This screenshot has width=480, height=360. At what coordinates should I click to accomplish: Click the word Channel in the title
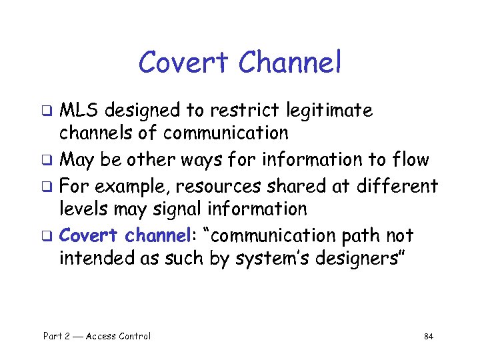pyautogui.click(x=289, y=63)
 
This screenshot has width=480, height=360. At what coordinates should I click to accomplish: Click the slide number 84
pyautogui.click(x=429, y=337)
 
